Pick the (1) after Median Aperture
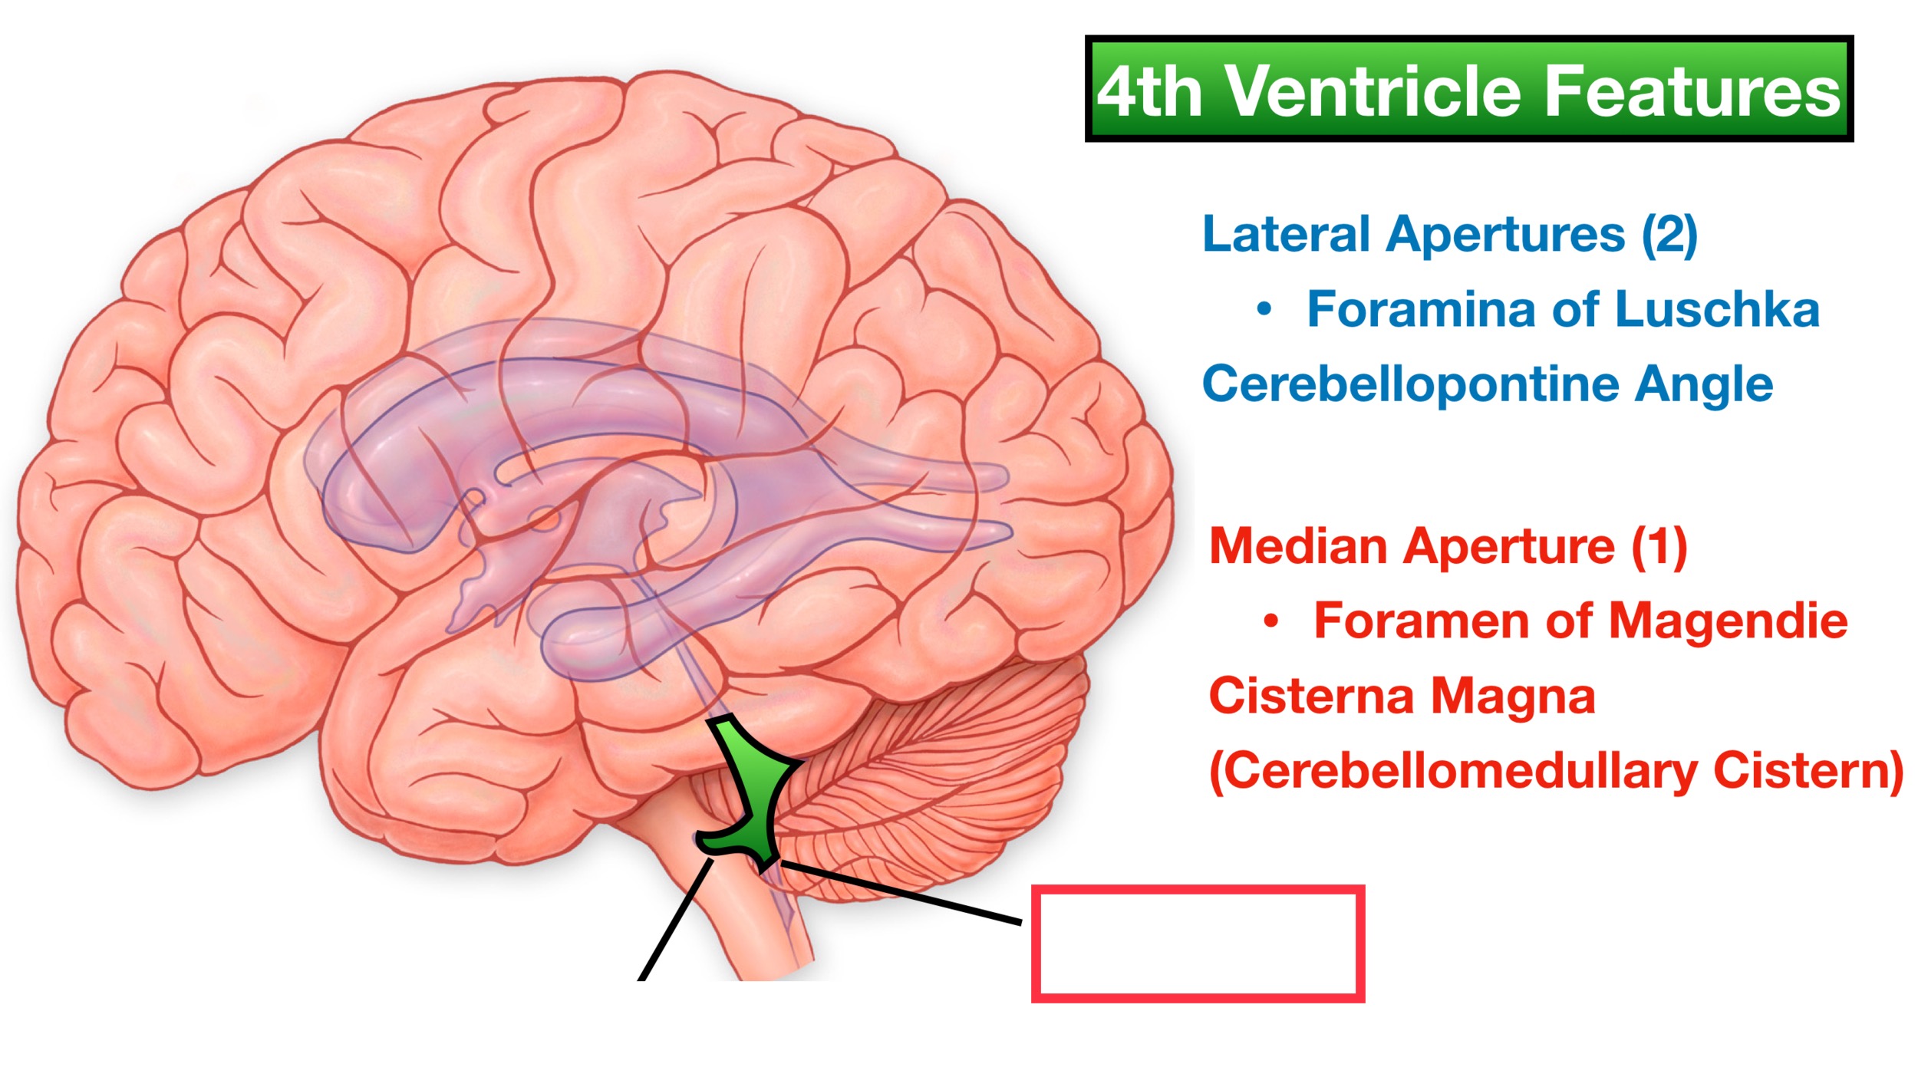pyautogui.click(x=1659, y=547)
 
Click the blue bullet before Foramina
pyautogui.click(x=1264, y=310)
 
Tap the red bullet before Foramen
pyautogui.click(x=1270, y=622)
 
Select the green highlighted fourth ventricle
pyautogui.click(x=756, y=790)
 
